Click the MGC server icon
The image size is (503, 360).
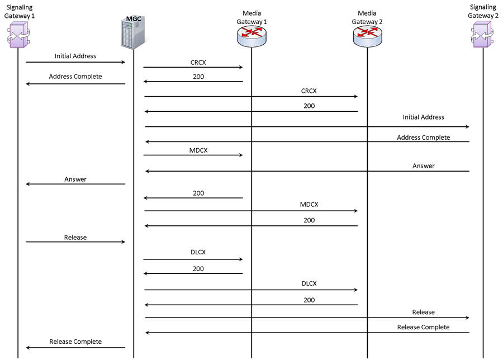tap(134, 33)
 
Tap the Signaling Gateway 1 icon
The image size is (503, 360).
tap(18, 35)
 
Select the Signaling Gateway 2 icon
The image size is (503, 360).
tap(482, 34)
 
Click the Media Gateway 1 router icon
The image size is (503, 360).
tap(252, 36)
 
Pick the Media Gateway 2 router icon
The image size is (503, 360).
tap(368, 36)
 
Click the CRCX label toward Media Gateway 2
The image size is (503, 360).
tap(309, 91)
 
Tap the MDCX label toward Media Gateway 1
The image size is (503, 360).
tap(198, 150)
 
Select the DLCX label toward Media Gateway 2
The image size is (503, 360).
tap(309, 283)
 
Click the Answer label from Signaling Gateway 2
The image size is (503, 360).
tap(424, 166)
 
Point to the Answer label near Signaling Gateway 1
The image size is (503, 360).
tap(75, 179)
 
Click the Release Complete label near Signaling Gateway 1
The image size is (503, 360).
tap(75, 342)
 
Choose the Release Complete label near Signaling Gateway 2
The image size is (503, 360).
tap(423, 327)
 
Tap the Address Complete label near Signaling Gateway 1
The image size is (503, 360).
tap(75, 77)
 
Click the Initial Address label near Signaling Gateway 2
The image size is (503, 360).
tap(424, 117)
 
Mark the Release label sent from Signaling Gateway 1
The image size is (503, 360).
tap(75, 238)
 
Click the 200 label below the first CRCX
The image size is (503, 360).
tap(198, 77)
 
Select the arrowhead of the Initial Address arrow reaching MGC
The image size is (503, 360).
tap(124, 62)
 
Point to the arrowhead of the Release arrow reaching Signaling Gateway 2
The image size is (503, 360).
tap(468, 318)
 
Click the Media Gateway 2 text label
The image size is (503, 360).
tap(367, 17)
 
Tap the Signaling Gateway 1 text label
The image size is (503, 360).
tap(19, 11)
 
